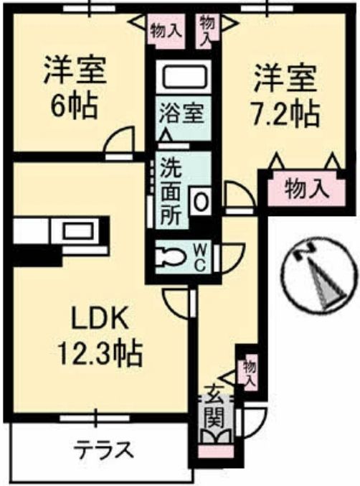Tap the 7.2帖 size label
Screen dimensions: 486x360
[x=285, y=113]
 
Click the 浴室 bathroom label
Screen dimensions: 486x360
[x=184, y=113]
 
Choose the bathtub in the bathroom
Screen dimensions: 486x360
[x=184, y=78]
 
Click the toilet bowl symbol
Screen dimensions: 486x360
[x=172, y=256]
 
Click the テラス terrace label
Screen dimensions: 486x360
[x=104, y=451]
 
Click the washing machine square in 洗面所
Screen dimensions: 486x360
[x=202, y=201]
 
